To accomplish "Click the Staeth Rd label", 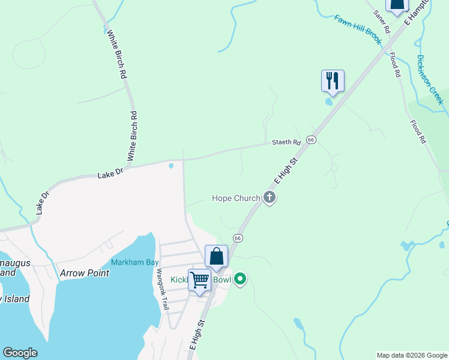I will tap(286, 142).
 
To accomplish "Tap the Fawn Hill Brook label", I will tap(358, 29).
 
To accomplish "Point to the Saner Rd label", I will tap(382, 21).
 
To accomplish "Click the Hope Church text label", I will tap(236, 198).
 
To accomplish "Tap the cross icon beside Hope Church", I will tap(270, 197).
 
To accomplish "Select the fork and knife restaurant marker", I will tap(333, 80).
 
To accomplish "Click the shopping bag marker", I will tap(216, 256).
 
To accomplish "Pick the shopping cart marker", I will tap(199, 280).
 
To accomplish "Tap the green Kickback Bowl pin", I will tap(240, 279).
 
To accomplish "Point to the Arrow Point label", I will tap(85, 273).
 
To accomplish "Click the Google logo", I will tap(20, 353).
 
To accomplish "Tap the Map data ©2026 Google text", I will tap(412, 355).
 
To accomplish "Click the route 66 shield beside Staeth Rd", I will tap(310, 139).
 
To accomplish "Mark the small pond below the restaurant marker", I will tap(329, 101).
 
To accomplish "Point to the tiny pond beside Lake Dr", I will tap(171, 166).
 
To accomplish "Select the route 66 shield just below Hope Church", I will tap(238, 238).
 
